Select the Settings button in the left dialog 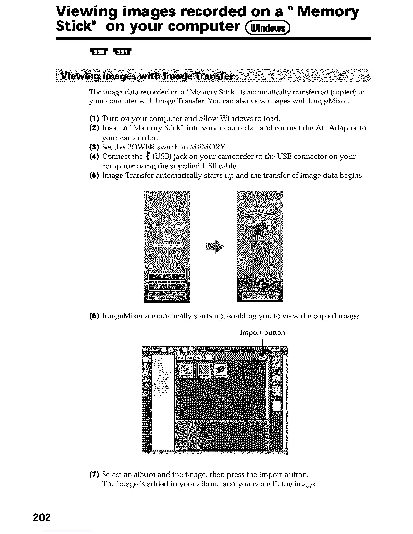pyautogui.click(x=167, y=287)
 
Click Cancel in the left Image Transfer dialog pyautogui.click(x=167, y=296)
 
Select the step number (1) pyautogui.click(x=94, y=119)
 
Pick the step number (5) pyautogui.click(x=94, y=175)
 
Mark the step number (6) pyautogui.click(x=94, y=316)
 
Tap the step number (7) pyautogui.click(x=94, y=475)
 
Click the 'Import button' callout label pyautogui.click(x=262, y=333)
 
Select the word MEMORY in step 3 pyautogui.click(x=208, y=147)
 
